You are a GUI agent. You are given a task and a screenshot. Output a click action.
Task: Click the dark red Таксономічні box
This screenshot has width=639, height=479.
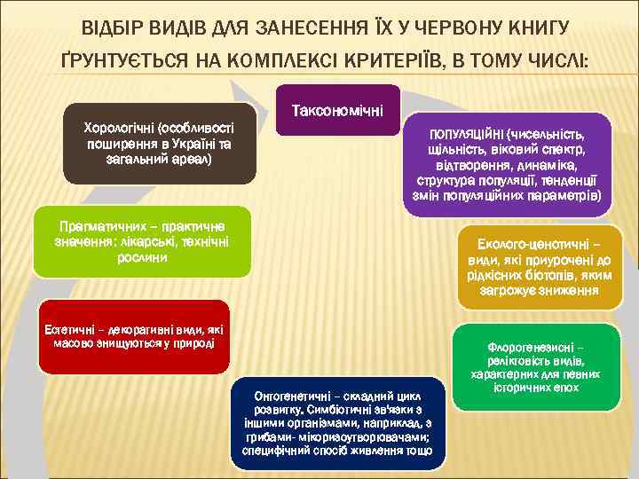point(337,110)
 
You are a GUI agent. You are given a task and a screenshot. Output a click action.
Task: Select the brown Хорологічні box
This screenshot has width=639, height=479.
point(160,143)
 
